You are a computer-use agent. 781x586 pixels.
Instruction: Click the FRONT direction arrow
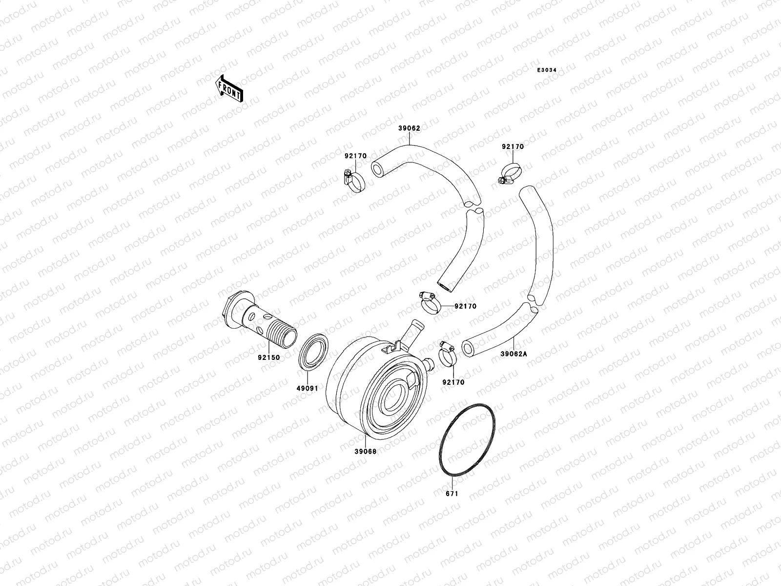point(229,88)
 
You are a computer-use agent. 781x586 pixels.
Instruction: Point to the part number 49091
point(308,388)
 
